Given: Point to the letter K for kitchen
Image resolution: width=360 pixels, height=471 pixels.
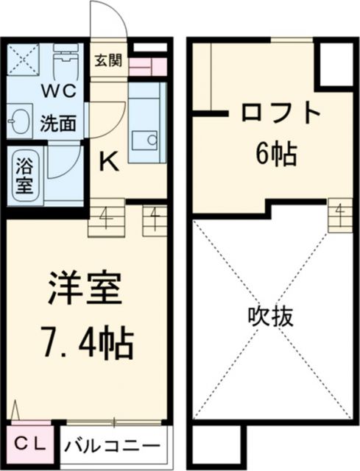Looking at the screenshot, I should [x=108, y=160].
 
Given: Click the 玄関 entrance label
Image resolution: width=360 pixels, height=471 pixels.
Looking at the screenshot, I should [x=107, y=60].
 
